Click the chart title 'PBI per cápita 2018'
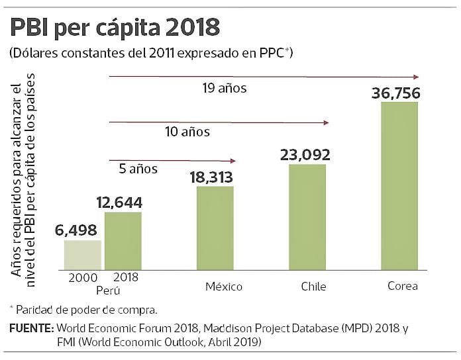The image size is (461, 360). (x=113, y=28)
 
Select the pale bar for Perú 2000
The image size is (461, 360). (x=82, y=254)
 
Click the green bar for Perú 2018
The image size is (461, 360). (x=123, y=240)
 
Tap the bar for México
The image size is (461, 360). (x=215, y=228)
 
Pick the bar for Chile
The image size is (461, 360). (x=308, y=216)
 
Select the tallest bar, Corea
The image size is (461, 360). (x=400, y=185)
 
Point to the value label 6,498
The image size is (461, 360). (x=76, y=230)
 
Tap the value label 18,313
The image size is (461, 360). (x=216, y=176)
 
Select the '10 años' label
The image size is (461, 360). (x=187, y=132)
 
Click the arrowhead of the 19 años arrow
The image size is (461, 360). (x=416, y=77)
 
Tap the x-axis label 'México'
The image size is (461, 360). (x=223, y=287)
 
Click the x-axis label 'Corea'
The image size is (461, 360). (x=403, y=287)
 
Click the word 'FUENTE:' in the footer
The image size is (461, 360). (x=31, y=328)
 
